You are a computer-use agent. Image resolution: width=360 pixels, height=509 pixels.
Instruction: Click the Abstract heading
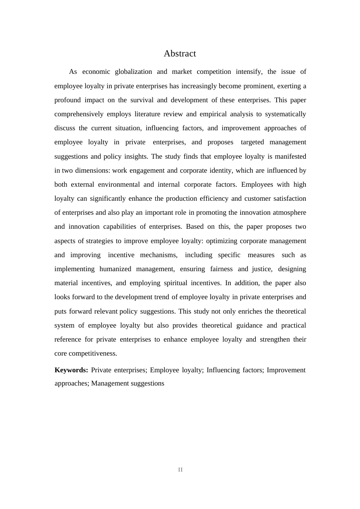(180, 54)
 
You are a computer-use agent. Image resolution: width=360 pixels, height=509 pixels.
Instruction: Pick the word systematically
(285, 114)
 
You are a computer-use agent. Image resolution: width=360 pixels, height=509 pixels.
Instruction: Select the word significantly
(109, 198)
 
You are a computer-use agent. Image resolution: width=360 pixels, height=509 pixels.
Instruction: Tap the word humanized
(116, 269)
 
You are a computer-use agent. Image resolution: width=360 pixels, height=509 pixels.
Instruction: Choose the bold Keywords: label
(71, 370)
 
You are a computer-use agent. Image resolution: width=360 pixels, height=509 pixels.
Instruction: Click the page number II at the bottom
(180, 470)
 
